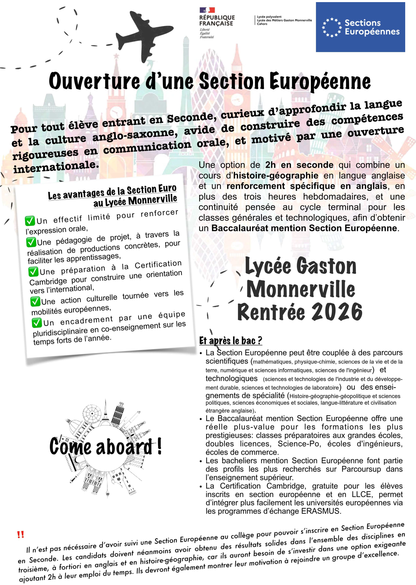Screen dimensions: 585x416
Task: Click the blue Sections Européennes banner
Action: [360, 27]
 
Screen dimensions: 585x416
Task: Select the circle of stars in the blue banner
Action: [332, 27]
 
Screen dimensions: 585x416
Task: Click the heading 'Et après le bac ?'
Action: [231, 341]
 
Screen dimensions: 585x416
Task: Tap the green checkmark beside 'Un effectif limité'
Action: [30, 221]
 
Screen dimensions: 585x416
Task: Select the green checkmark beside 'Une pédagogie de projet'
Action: [31, 242]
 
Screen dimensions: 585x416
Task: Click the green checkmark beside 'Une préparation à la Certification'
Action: [33, 272]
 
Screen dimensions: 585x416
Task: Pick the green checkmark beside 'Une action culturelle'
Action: [35, 301]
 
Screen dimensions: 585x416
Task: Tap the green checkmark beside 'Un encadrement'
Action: [37, 323]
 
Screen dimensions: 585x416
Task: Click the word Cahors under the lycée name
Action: [262, 24]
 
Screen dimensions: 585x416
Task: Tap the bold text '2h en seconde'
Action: [299, 165]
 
